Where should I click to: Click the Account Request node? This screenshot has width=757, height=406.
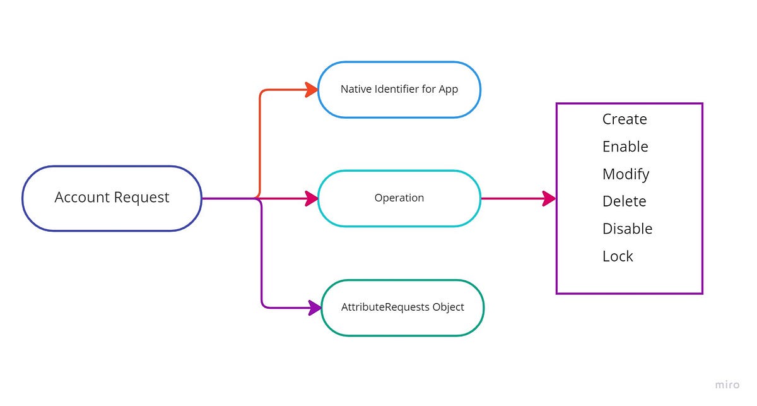point(112,198)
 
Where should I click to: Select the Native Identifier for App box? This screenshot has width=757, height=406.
point(399,90)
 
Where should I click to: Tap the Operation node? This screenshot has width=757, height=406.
point(399,198)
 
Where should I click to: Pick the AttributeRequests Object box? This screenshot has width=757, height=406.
point(402,307)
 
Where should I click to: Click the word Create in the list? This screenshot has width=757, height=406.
point(624,119)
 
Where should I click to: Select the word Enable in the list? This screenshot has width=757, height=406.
point(625,146)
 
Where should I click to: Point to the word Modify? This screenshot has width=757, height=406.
point(625,174)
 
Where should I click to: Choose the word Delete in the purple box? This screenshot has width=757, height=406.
point(624,201)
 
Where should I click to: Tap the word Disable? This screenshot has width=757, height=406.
point(626,229)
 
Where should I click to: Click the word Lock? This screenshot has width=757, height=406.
point(617,256)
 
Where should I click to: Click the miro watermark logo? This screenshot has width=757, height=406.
point(727,385)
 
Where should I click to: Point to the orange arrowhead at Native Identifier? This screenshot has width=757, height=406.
point(311,90)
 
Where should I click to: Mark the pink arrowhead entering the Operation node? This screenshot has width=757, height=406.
point(311,198)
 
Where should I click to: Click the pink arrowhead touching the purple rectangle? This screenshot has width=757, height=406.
point(549,198)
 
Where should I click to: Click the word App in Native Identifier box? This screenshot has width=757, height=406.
point(448,90)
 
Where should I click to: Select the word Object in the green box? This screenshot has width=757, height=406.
point(448,307)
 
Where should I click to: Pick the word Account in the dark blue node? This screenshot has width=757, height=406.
point(81,198)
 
